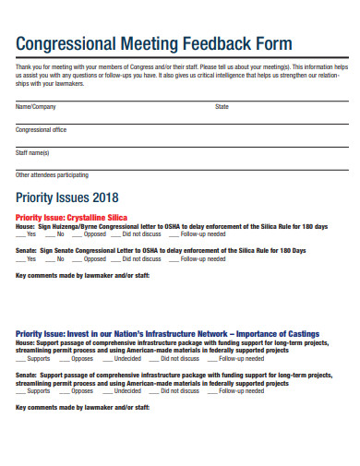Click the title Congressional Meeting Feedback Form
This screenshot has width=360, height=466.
[x=154, y=43]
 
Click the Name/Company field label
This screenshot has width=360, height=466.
[x=36, y=107]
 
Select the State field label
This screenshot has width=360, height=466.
[x=222, y=107]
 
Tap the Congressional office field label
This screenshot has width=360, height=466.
[x=42, y=130]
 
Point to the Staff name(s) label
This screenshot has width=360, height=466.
[x=33, y=152]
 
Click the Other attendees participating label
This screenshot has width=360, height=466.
[x=53, y=174]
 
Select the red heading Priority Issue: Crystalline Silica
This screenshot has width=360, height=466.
[x=71, y=216]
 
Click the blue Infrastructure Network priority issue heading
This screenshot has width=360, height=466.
[x=168, y=333]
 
